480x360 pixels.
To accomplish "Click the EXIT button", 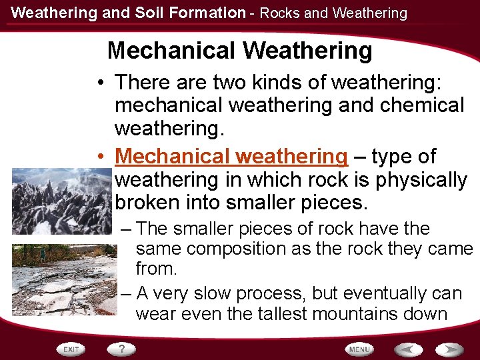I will (x=71, y=349).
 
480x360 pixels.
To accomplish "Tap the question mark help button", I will (x=122, y=349).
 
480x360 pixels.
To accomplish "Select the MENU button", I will (x=359, y=349).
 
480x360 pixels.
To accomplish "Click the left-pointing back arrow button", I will (x=407, y=349).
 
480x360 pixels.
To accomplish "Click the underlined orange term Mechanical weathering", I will (x=231, y=157).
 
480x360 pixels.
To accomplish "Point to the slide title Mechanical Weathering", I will (x=239, y=50).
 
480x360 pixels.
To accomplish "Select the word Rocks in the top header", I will (x=279, y=13).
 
